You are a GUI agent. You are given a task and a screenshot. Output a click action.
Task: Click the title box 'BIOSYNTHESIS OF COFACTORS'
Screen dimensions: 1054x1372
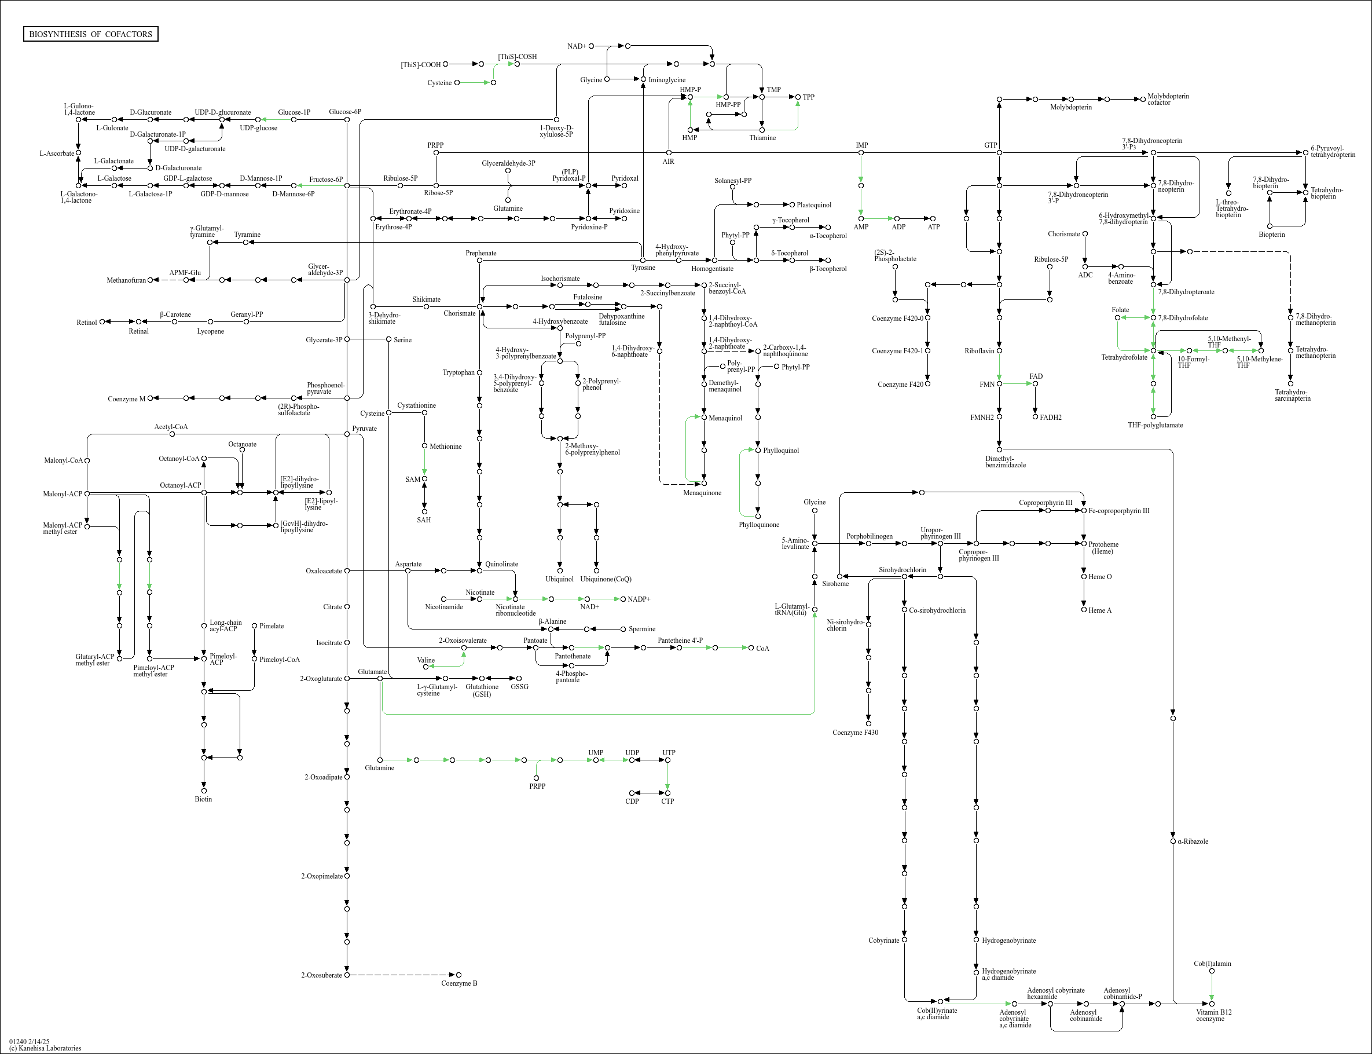pos(90,34)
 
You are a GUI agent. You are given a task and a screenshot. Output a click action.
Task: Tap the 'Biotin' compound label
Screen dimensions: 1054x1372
pos(203,799)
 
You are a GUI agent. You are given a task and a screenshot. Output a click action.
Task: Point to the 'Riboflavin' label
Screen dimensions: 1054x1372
pos(980,351)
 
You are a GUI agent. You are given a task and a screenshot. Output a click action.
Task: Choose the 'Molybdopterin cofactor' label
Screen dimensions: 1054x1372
pos(1168,99)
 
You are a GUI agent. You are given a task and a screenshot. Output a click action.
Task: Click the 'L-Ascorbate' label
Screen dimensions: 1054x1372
pos(56,153)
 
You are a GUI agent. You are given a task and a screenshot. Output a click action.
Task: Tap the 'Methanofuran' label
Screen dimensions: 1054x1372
pos(126,280)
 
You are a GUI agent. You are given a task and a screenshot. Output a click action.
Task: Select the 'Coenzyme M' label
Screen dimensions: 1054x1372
pos(126,398)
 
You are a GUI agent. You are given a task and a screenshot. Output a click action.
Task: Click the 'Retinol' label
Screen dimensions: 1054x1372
pos(86,323)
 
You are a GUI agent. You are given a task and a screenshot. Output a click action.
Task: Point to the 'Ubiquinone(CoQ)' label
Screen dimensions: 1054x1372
pos(606,579)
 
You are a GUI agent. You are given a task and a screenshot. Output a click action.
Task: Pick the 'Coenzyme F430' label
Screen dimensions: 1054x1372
pos(854,732)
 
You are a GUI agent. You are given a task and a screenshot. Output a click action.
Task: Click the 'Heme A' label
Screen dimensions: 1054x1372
pos(1100,610)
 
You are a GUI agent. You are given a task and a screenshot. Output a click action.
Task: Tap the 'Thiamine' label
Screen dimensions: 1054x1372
pos(762,137)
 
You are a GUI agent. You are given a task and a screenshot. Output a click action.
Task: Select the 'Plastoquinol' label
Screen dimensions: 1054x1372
pos(813,204)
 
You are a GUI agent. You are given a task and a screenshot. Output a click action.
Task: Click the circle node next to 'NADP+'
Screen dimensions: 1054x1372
pos(623,599)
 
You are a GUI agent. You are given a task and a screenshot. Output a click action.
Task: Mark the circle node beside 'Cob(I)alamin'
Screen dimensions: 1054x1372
pos(1212,971)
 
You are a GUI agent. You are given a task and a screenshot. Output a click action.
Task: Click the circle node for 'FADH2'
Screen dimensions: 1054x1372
pos(1035,416)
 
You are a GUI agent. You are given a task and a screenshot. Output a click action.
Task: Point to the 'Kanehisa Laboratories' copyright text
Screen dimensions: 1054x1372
pos(45,1048)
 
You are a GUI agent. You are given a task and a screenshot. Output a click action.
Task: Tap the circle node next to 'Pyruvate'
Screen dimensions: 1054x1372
pos(347,434)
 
